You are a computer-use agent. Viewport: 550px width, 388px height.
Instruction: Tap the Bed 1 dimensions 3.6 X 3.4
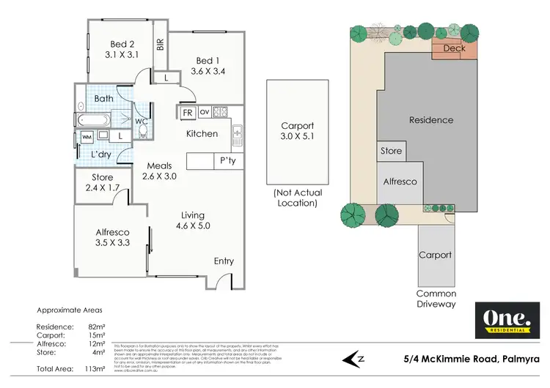207,72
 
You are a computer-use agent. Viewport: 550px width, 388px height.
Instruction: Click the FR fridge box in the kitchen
188,113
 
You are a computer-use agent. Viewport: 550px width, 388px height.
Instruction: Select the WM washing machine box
87,136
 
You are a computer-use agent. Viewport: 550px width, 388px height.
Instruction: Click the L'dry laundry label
100,154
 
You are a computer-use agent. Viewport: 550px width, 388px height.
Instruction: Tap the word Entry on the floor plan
224,261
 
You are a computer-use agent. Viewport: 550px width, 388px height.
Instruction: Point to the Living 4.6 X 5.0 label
194,220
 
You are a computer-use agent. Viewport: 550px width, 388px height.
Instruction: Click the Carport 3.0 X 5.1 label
296,131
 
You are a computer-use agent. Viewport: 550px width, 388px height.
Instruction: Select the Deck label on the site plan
455,48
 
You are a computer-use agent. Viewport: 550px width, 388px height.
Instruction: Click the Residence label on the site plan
430,120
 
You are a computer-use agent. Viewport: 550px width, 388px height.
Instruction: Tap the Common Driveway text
436,299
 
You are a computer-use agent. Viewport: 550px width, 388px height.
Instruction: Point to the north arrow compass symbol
356,359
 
